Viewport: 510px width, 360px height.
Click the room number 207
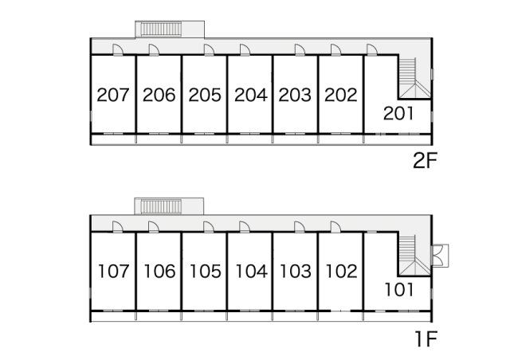pos(113,95)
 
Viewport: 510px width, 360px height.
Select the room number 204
pos(251,95)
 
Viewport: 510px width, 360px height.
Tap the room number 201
pos(398,114)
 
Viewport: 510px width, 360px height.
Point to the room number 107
pos(113,272)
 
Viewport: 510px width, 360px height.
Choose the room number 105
pos(206,272)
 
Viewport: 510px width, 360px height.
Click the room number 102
pos(342,272)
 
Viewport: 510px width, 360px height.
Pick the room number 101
pos(399,289)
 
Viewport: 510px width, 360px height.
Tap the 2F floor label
pos(424,161)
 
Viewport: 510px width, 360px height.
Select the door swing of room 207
pos(118,49)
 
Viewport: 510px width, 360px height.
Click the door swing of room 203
pos(300,49)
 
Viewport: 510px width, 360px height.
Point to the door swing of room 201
pos(372,49)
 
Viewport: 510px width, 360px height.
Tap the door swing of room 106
pos(154,227)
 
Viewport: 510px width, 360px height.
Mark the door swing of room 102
pos(335,227)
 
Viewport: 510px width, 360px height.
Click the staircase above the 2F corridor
pos(161,29)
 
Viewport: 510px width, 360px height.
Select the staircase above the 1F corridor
pos(161,206)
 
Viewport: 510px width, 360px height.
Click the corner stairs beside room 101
pos(414,256)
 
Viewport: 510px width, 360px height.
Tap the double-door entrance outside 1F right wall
pos(439,256)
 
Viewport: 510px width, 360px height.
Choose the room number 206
pos(159,95)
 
